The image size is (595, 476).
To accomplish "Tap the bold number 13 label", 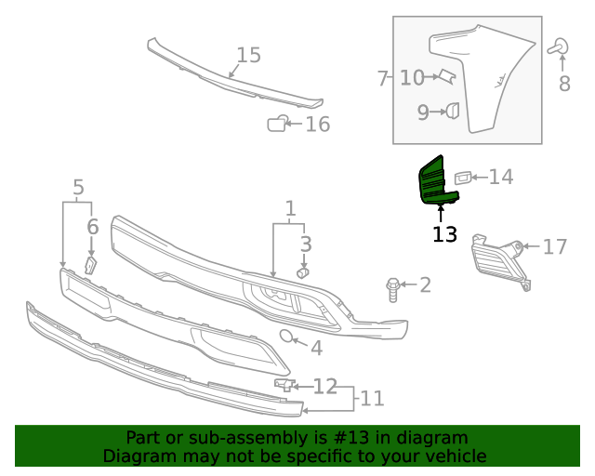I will (x=444, y=234).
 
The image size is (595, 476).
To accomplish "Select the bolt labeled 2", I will (x=393, y=289).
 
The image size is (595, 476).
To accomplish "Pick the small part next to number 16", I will (x=277, y=124).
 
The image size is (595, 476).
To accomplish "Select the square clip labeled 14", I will (x=463, y=176).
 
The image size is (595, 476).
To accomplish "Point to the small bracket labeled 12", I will (x=284, y=384).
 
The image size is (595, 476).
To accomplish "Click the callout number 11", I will (x=372, y=399).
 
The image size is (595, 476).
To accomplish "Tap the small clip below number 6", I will (x=91, y=265).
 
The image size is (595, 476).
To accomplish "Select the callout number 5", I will (x=78, y=188).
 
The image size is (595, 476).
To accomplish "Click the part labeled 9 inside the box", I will (x=452, y=112).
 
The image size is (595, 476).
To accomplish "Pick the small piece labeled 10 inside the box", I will (x=445, y=76).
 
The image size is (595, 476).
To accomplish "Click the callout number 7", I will (x=382, y=78).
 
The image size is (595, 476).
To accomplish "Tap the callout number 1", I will (x=290, y=209).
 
